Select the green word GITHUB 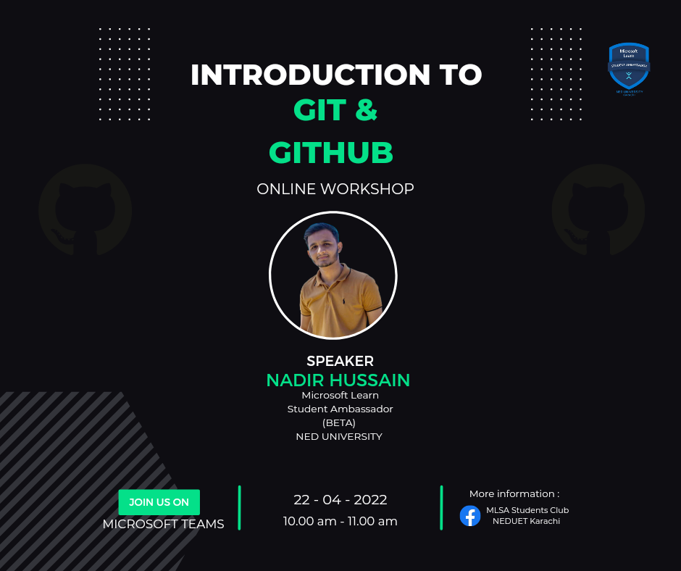click(x=331, y=153)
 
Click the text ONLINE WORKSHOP click(x=335, y=189)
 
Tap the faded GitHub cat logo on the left click(x=85, y=210)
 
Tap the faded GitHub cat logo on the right click(x=598, y=210)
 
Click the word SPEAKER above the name click(x=340, y=361)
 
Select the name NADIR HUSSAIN click(x=338, y=380)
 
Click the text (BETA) click(x=339, y=422)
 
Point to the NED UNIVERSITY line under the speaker click(x=339, y=436)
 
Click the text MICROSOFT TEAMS click(x=164, y=524)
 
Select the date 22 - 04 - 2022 click(x=340, y=500)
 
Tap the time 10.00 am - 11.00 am click(x=340, y=521)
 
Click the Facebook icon click(x=470, y=515)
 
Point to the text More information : click(x=514, y=493)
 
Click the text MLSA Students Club click(x=527, y=510)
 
